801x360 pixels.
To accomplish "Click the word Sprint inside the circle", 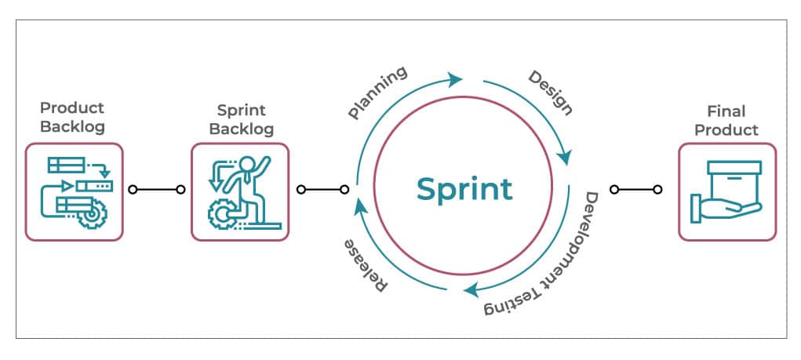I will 464,189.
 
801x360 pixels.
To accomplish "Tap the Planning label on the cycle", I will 378,93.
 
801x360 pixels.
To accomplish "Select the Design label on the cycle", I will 550,93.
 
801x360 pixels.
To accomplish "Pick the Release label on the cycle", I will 366,267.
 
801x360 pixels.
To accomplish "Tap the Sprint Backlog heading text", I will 239,120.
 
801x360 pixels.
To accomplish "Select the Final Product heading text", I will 726,121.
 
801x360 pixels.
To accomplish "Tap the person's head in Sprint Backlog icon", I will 249,164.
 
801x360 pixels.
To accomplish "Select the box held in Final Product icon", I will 734,179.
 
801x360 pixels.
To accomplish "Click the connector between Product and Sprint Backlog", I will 157,189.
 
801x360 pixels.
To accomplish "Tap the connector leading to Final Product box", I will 635,189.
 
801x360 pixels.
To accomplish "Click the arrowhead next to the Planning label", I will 455,78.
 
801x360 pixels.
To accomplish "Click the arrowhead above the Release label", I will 360,206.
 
